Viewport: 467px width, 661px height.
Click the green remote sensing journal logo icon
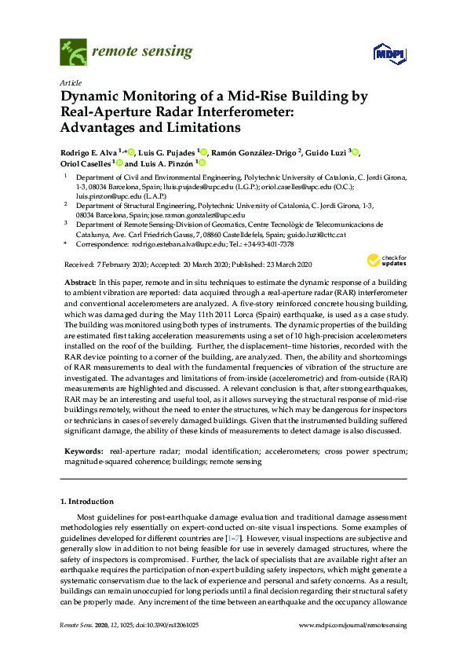73,53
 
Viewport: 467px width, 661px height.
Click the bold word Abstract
78,281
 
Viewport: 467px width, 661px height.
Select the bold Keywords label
82,451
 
